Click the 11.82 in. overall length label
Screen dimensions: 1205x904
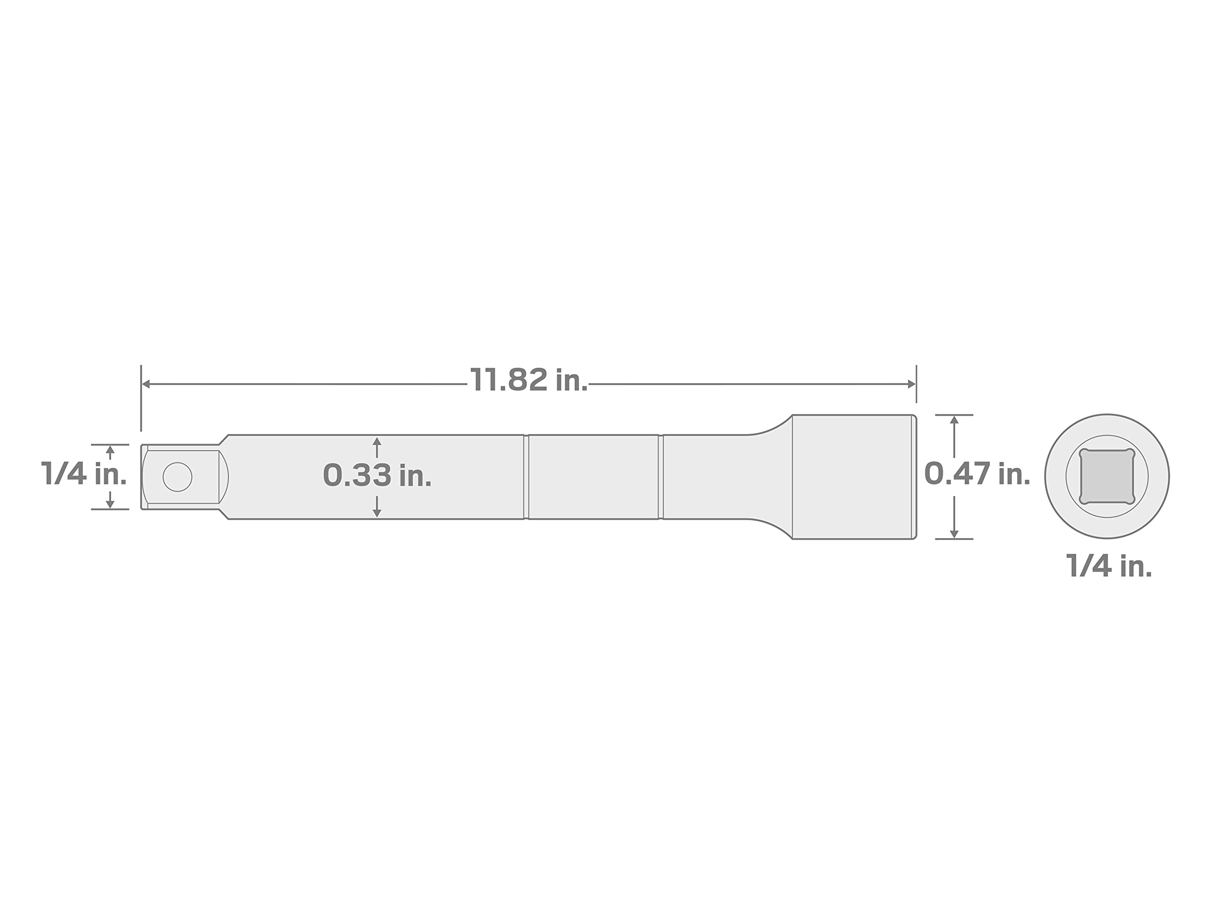pyautogui.click(x=529, y=380)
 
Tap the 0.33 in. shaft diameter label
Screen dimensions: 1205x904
pyautogui.click(x=377, y=475)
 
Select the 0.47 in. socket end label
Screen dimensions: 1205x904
pyautogui.click(x=977, y=474)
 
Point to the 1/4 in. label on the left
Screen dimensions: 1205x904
pyautogui.click(x=84, y=474)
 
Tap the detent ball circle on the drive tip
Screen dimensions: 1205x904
pyautogui.click(x=177, y=477)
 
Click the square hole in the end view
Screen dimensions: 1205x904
pyautogui.click(x=1107, y=476)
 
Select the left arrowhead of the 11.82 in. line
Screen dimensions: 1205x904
pyautogui.click(x=146, y=384)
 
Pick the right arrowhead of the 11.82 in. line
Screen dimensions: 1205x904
pyautogui.click(x=911, y=384)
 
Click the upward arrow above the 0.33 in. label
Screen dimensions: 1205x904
pyautogui.click(x=377, y=447)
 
